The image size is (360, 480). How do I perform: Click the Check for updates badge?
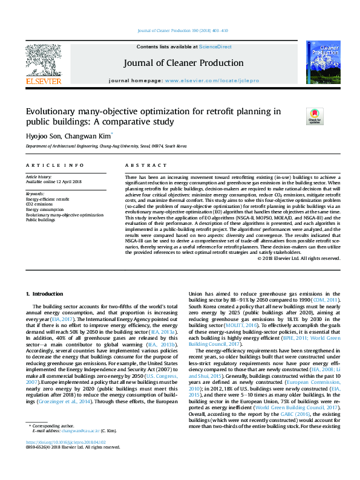point(314,115)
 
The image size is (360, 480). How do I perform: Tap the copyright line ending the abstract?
point(299,258)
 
